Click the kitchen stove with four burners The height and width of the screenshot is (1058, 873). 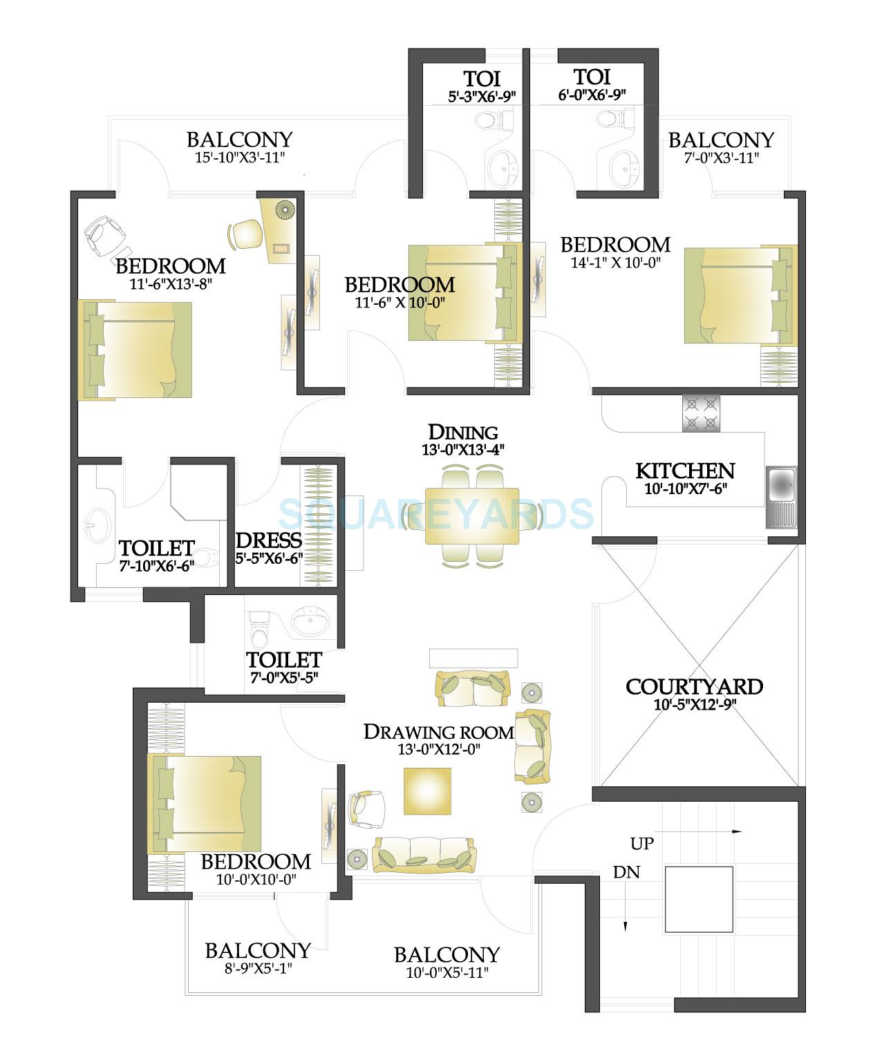click(x=701, y=413)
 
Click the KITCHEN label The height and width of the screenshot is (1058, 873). click(x=684, y=471)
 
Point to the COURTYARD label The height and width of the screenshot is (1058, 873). click(x=694, y=687)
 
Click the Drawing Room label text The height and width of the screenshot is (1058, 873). click(x=439, y=732)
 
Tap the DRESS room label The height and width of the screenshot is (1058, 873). click(x=269, y=540)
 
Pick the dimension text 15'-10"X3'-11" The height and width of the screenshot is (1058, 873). click(x=239, y=158)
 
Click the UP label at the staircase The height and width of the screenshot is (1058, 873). click(x=642, y=844)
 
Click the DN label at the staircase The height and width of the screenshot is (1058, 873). click(x=626, y=873)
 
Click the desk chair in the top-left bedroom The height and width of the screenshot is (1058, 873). click(x=244, y=234)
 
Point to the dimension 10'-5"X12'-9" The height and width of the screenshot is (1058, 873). click(x=694, y=706)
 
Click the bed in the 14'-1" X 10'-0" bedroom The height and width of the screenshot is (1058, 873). click(x=740, y=294)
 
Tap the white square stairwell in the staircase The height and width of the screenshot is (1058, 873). click(x=698, y=899)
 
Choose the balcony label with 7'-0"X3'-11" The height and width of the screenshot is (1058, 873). click(x=721, y=140)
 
